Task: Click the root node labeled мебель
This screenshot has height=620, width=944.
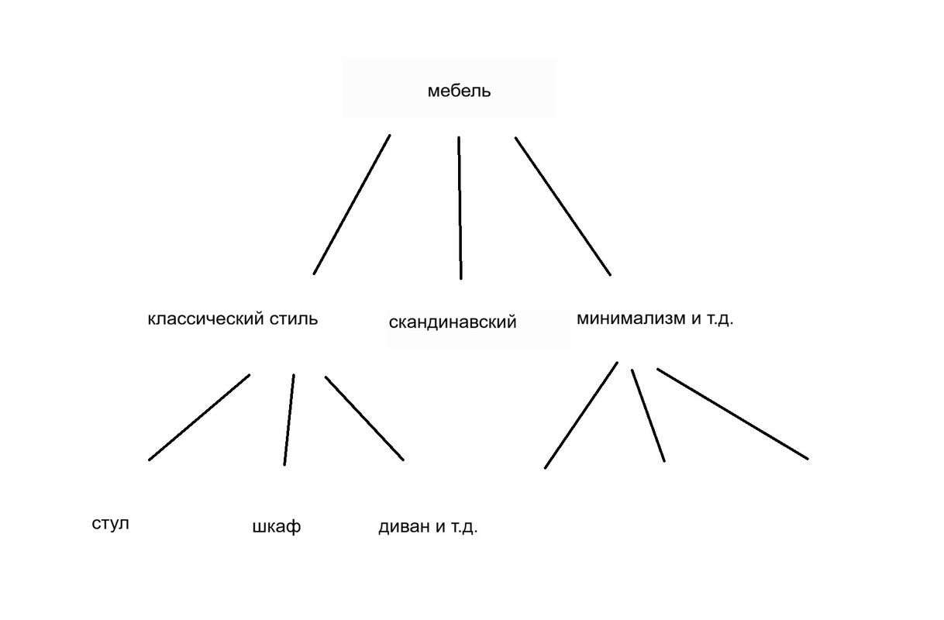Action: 459,91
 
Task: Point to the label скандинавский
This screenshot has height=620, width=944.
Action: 452,322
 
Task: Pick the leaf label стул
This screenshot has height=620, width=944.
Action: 110,523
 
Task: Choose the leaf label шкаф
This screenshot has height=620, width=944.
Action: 277,527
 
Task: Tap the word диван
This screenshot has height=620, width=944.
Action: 401,528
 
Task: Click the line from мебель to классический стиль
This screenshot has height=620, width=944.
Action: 351,205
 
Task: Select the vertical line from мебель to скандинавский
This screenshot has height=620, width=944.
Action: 460,208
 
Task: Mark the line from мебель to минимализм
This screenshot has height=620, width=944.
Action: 563,206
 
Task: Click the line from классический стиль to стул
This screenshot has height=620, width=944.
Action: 199,418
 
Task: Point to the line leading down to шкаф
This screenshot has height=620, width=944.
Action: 289,419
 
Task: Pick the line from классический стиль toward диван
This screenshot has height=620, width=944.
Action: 364,418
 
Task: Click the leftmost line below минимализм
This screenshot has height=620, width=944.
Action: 581,415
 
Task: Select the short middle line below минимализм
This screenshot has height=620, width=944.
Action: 648,415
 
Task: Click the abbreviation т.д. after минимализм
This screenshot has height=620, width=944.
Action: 718,319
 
